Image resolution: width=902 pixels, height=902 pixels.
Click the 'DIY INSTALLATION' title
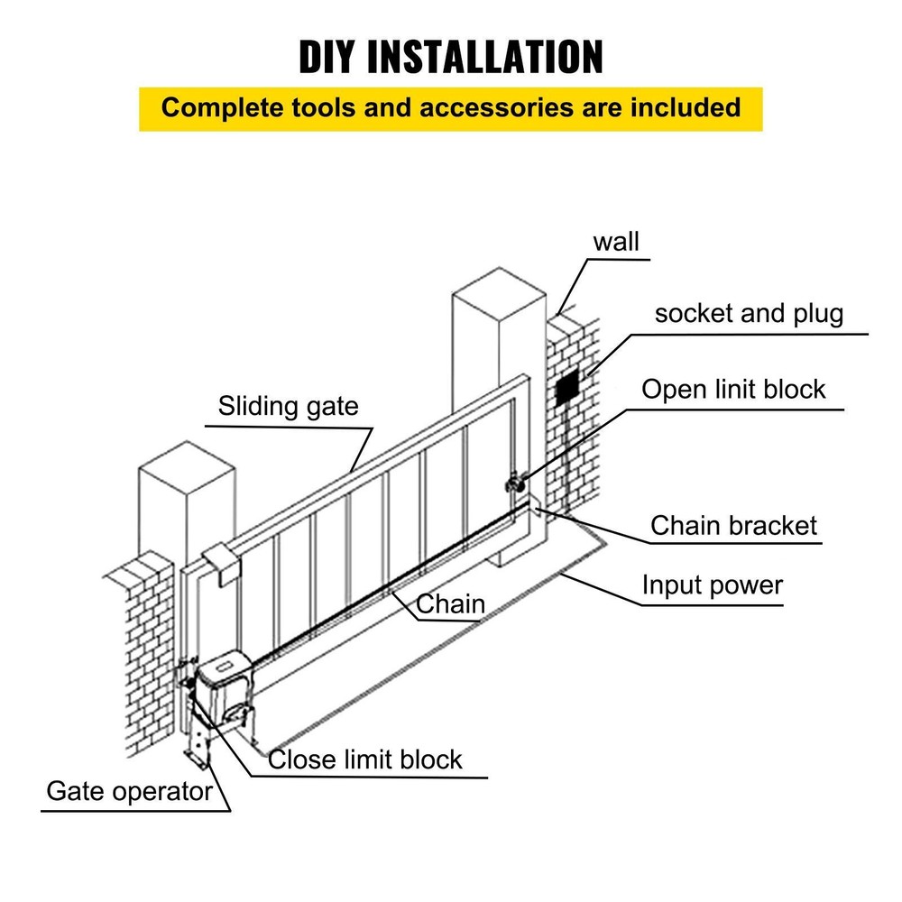(451, 56)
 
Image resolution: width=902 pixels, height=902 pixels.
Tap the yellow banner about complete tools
(451, 108)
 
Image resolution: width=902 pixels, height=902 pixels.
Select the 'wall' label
(616, 242)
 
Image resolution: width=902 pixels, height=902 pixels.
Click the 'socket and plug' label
(749, 314)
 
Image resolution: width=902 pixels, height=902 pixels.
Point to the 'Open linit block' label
(733, 389)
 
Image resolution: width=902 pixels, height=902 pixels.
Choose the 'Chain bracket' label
(733, 526)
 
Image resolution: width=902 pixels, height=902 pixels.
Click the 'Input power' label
(712, 585)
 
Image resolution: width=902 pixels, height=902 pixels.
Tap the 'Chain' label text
(451, 603)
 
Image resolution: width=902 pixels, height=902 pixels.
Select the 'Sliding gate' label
(288, 406)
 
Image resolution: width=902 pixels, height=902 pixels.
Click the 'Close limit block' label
(365, 759)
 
